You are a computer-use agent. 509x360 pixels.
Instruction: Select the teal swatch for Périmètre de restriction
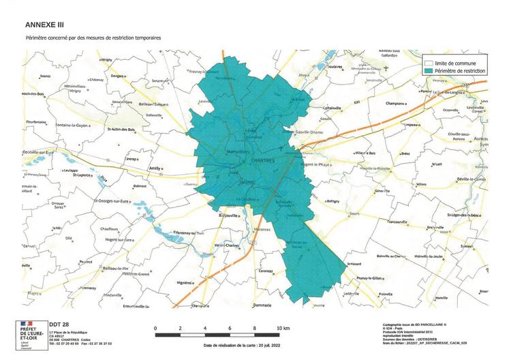click(x=428, y=70)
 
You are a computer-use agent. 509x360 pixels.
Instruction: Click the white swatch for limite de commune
click(x=428, y=63)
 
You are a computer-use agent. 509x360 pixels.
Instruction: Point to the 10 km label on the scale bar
click(x=285, y=329)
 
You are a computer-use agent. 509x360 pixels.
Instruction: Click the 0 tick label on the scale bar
click(x=155, y=329)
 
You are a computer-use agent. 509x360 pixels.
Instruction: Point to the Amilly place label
click(x=156, y=167)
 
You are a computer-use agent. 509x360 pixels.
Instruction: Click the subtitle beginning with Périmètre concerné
click(x=93, y=37)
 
